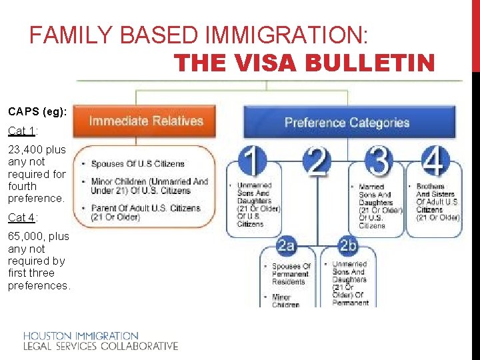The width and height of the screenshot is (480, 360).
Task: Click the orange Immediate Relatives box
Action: pos(146,121)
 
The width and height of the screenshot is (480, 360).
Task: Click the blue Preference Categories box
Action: pos(347,123)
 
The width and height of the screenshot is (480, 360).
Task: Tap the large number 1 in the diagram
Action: pos(252,161)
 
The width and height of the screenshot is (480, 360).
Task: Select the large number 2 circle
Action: pos(317,161)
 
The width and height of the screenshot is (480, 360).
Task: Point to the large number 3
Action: pos(379,161)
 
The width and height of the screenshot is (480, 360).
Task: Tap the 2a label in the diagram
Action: pos(287,245)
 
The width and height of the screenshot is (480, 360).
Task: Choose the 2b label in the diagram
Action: pos(347,245)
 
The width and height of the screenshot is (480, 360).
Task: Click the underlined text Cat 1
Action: pos(21,131)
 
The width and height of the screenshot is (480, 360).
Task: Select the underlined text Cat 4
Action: pos(21,217)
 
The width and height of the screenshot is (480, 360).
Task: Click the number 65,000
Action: pos(27,236)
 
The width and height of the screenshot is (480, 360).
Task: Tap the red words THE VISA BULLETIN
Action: pos(304,63)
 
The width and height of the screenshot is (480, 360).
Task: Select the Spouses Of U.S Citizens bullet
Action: pos(137,164)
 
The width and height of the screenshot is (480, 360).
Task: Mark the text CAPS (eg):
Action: pos(37,112)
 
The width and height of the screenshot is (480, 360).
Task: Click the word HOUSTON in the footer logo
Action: pos(48,336)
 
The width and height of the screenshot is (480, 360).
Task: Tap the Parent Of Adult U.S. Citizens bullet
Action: pos(145,212)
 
